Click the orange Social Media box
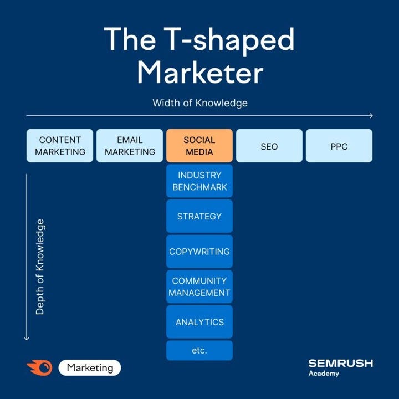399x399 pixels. coord(199,146)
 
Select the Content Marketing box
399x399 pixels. coord(60,146)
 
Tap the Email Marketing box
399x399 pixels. coord(130,146)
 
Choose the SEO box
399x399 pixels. coord(269,146)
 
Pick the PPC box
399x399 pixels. coord(339,146)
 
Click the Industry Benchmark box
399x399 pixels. coord(199,181)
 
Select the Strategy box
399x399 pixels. coord(199,216)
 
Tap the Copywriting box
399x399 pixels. coord(199,252)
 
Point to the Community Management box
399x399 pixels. coord(199,287)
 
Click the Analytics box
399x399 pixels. coord(199,322)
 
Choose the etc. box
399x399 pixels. coord(199,351)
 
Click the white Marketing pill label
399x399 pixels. coord(89,367)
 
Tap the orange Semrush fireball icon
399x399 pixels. coord(39,367)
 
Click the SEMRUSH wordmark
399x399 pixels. coord(340,364)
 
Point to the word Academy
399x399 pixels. coord(324,374)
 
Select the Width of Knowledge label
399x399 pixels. coord(199,103)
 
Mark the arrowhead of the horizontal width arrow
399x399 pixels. coord(371,116)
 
